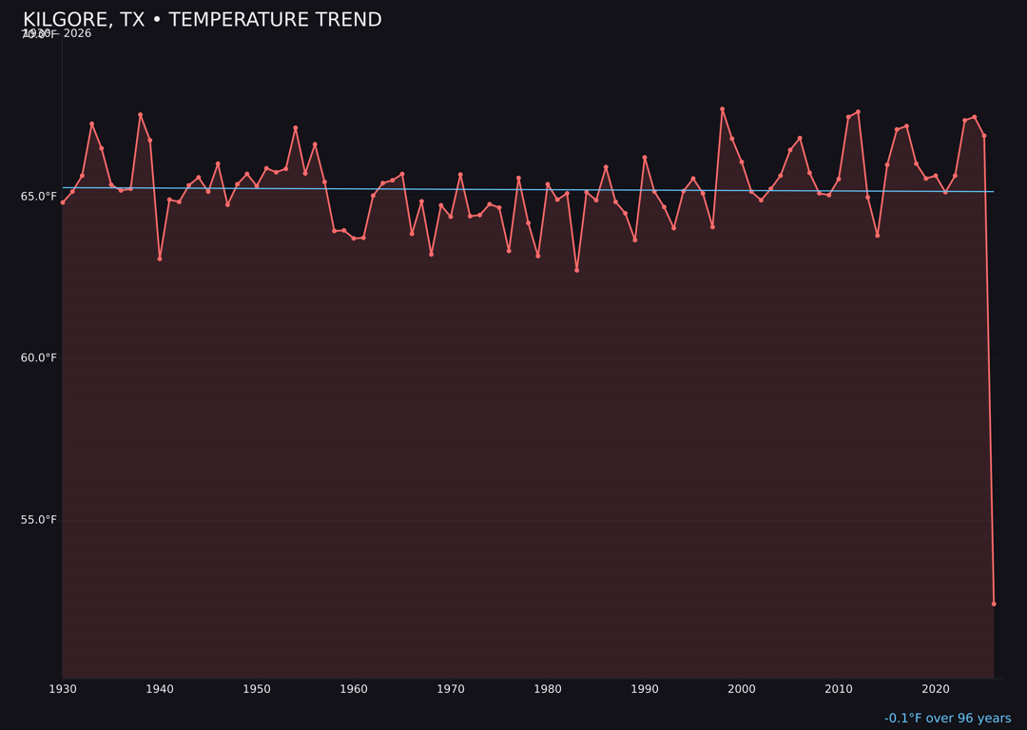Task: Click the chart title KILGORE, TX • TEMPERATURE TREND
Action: tap(202, 20)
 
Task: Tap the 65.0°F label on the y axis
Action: tap(40, 196)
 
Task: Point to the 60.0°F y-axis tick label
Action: tap(40, 357)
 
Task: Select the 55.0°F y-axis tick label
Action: tap(40, 519)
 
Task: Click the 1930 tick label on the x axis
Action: tap(63, 689)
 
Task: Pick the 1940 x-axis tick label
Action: tap(160, 689)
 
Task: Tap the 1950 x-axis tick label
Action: tap(257, 689)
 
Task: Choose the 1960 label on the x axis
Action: tap(354, 689)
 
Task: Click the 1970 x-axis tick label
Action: tap(451, 689)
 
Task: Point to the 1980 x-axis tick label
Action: tap(548, 689)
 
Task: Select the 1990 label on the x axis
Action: tap(645, 689)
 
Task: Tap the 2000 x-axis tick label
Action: tap(742, 689)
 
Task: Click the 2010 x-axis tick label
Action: tap(839, 689)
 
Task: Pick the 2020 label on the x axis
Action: tap(936, 689)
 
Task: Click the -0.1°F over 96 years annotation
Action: tap(947, 719)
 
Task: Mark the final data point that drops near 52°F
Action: tap(994, 604)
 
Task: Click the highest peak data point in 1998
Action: tap(722, 109)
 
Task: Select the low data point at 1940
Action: tap(160, 259)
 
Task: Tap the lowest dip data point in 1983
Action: tap(576, 270)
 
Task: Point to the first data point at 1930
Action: tap(63, 202)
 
